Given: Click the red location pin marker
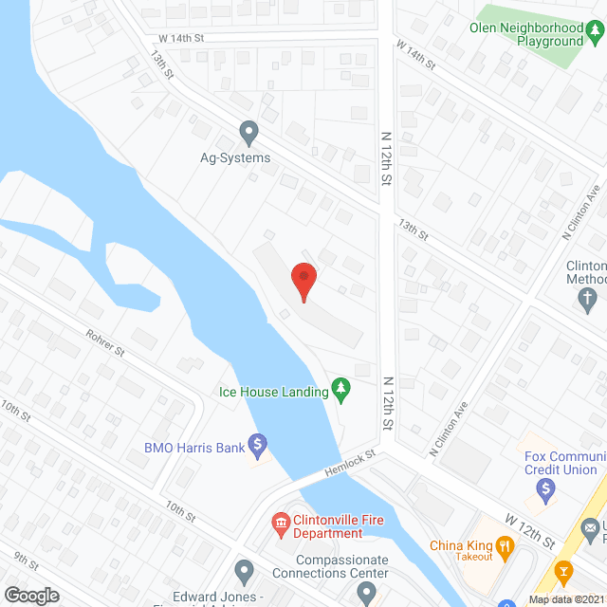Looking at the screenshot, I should pos(303,281).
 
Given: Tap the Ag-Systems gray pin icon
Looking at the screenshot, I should pos(248,131).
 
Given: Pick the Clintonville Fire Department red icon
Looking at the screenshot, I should pos(281,522).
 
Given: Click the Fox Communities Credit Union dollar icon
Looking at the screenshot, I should pos(544,490).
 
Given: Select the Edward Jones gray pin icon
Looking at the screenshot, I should pos(244,572).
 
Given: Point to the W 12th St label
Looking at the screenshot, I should pos(532,531).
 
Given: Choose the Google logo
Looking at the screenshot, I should pos(31,596).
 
